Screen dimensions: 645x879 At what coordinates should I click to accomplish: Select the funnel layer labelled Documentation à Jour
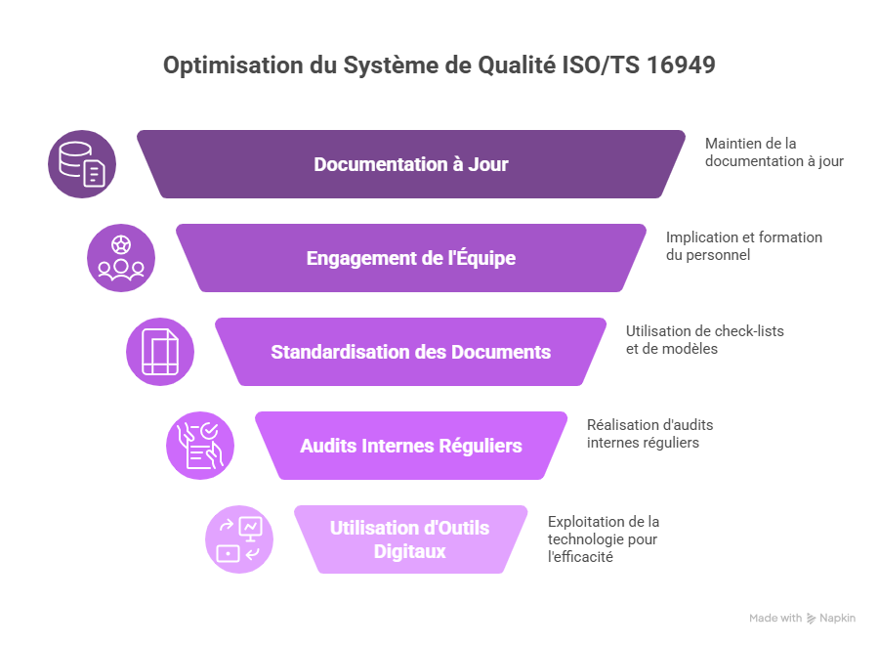[x=410, y=164]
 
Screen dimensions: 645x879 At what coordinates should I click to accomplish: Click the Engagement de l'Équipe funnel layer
[x=410, y=259]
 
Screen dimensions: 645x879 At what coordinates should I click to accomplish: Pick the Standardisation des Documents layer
[x=410, y=352]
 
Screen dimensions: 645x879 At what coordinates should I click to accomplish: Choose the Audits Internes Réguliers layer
[x=410, y=446]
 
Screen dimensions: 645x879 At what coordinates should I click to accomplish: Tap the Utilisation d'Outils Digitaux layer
[x=410, y=539]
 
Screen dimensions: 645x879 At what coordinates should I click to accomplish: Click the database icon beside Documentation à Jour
[x=82, y=164]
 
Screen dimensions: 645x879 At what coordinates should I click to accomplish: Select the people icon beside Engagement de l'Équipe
[x=121, y=258]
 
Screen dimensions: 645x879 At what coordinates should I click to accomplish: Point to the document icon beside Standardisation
[x=160, y=352]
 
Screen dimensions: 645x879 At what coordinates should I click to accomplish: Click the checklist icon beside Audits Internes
[x=199, y=446]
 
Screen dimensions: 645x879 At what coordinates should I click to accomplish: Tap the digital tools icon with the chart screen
[x=239, y=539]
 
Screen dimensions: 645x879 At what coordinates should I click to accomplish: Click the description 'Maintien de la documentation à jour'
[x=774, y=151]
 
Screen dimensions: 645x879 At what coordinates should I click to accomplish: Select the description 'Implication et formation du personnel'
[x=743, y=245]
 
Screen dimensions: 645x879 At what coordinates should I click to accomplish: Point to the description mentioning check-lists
[x=704, y=339]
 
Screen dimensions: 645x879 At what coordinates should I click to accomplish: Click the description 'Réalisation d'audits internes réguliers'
[x=649, y=433]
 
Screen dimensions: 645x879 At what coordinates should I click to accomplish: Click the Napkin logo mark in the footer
[x=811, y=619]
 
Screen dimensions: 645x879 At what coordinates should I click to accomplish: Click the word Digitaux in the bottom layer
[x=410, y=551]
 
